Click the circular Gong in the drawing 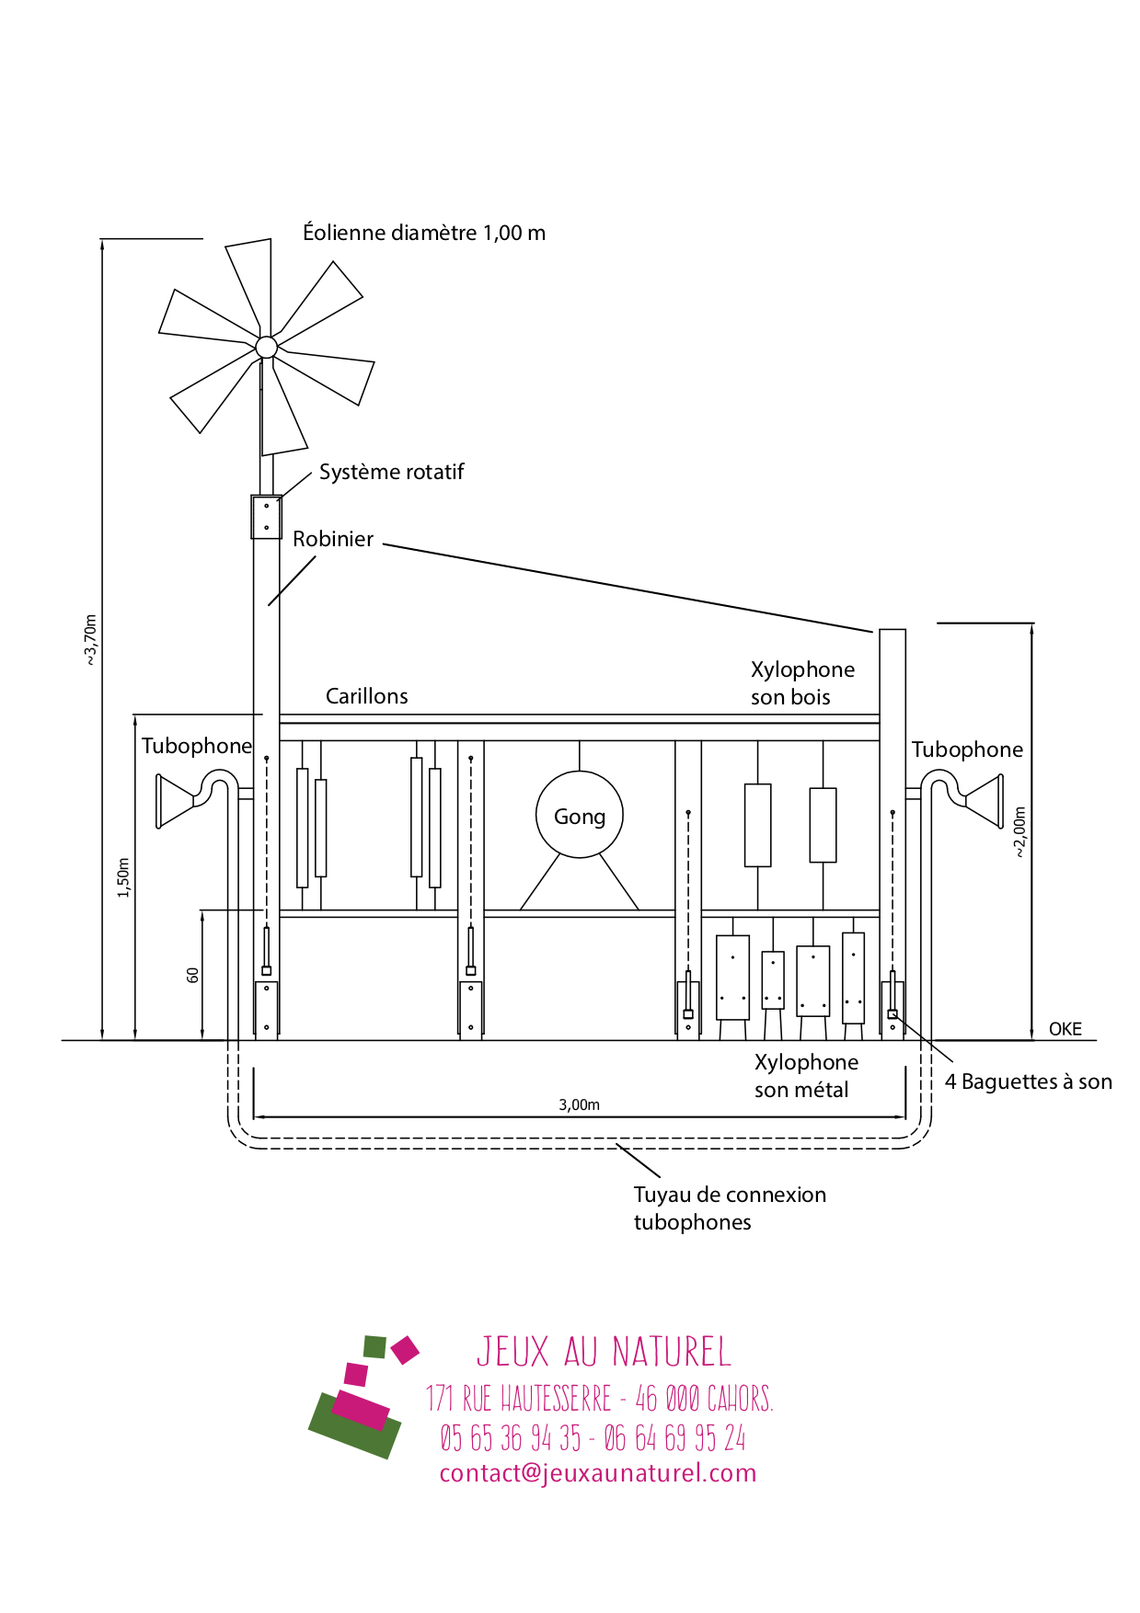[580, 815]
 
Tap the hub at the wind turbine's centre [266, 347]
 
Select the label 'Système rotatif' [391, 472]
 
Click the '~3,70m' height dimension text [90, 639]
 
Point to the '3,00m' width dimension [579, 1104]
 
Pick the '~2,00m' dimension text [1019, 832]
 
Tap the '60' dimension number [192, 975]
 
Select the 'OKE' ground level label [1065, 1029]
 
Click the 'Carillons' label [366, 696]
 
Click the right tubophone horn [984, 801]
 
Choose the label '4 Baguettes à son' [1028, 1081]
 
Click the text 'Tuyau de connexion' [730, 1195]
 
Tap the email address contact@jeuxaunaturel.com [597, 1472]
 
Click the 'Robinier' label [333, 539]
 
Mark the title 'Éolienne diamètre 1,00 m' [424, 233]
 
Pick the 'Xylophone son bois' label [801, 683]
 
